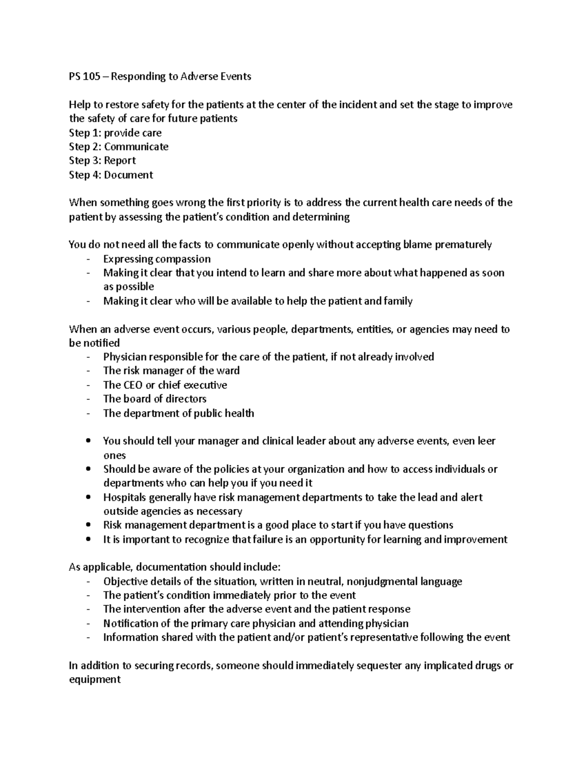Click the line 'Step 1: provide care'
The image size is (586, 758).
(x=115, y=133)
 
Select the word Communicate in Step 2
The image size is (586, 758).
(x=136, y=147)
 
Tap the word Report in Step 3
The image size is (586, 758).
(x=120, y=161)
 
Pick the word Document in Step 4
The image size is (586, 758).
(x=128, y=175)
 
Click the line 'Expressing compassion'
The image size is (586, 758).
(x=157, y=259)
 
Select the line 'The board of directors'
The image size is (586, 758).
(x=154, y=399)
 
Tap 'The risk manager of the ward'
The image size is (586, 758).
(x=171, y=371)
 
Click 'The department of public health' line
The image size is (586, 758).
(x=178, y=413)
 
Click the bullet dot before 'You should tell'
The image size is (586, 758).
(x=88, y=441)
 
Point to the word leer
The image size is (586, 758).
(x=486, y=441)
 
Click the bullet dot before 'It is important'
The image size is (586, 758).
(x=88, y=540)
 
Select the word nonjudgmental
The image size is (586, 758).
(x=380, y=582)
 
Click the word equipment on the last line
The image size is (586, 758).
(x=95, y=680)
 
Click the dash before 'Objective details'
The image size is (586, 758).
(x=88, y=582)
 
